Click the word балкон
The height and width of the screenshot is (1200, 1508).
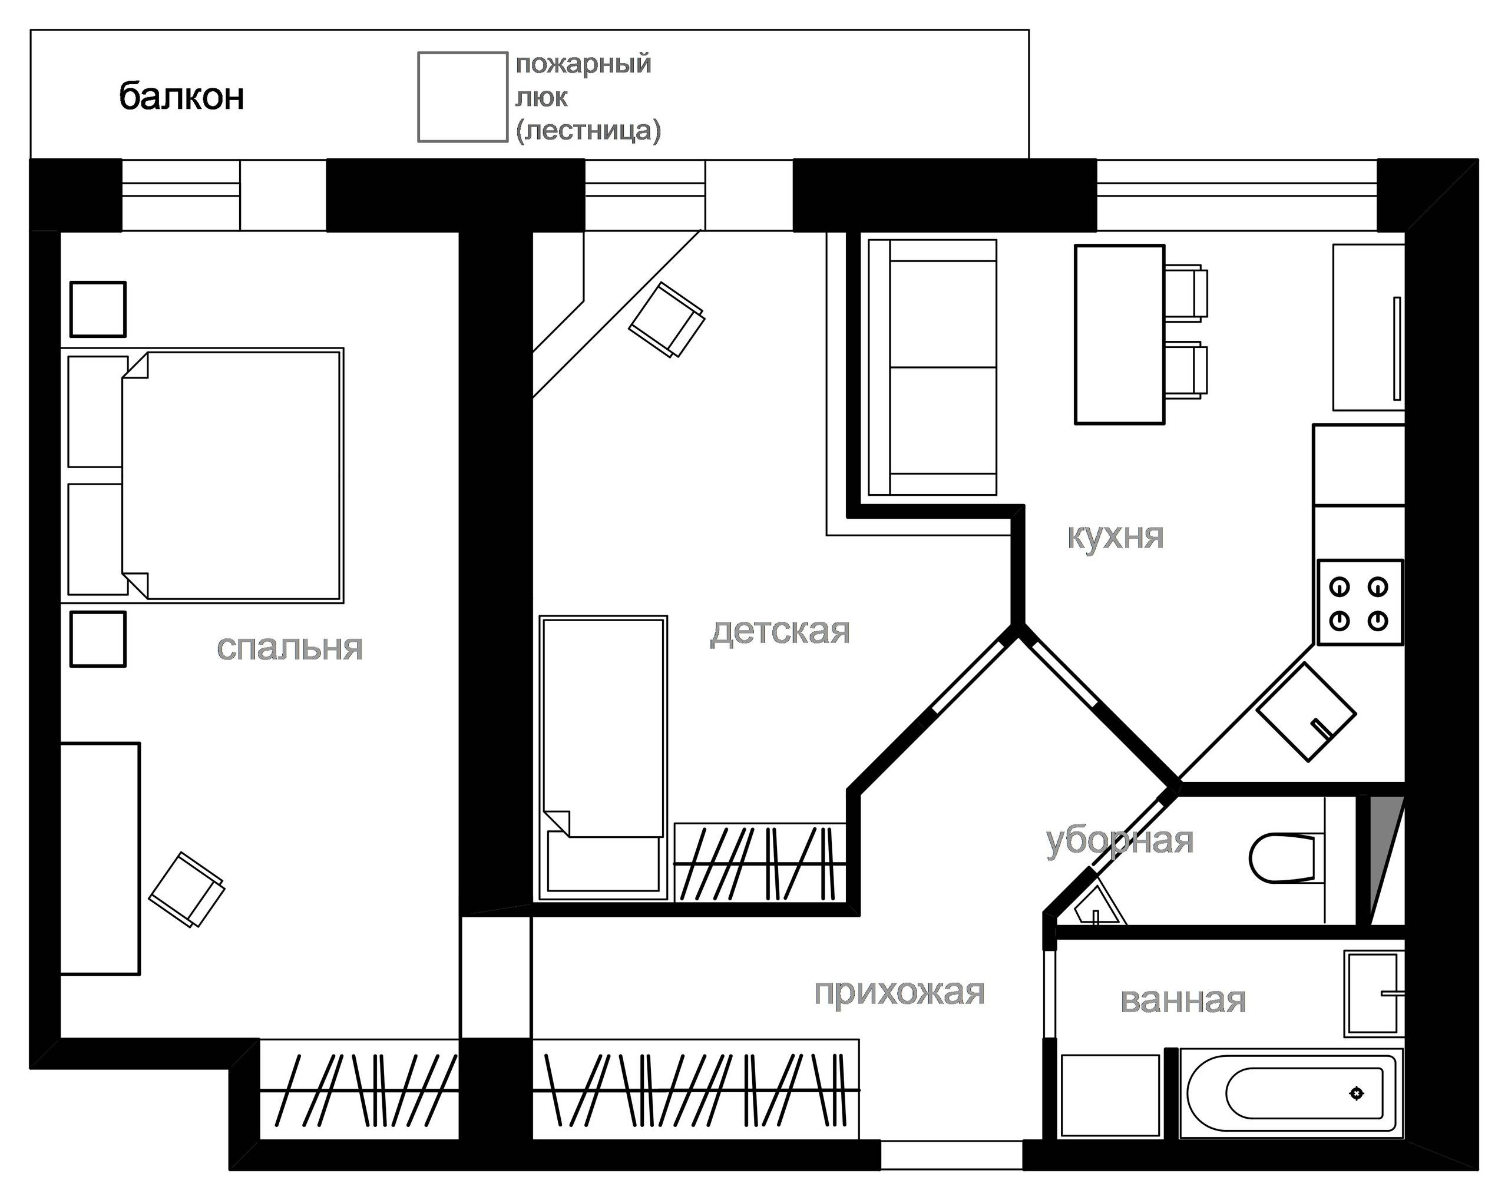pos(181,97)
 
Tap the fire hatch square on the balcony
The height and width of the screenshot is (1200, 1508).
pos(462,97)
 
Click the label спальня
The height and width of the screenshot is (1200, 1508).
pos(290,648)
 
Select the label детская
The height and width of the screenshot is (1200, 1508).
pos(780,631)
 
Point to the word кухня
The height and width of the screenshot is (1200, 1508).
pos(1115,537)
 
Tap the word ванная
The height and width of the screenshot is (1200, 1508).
pos(1183,1001)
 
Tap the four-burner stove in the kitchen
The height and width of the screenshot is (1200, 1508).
pos(1360,602)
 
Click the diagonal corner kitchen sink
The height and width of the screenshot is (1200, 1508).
pos(1306,712)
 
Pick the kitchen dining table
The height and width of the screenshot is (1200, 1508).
pos(1119,334)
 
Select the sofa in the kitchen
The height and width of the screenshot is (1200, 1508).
pos(932,368)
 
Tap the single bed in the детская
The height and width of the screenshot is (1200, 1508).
pos(603,758)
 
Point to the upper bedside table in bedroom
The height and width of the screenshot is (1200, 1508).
pos(98,309)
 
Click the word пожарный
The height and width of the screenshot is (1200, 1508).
pos(583,64)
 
